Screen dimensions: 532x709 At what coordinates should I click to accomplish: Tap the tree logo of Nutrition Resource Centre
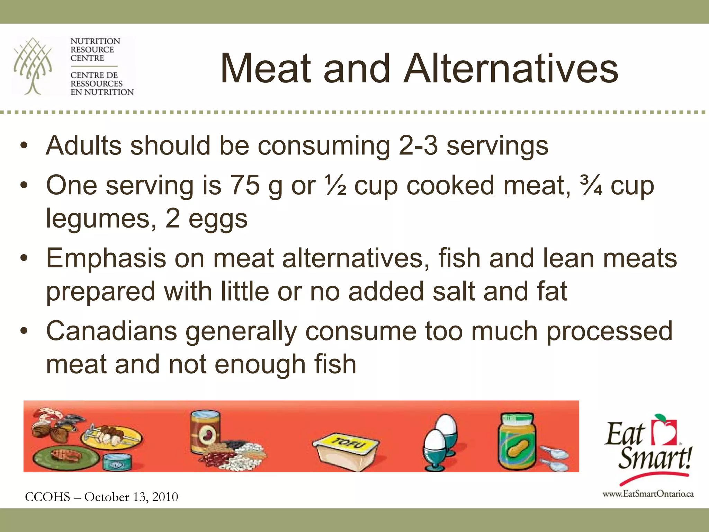(33, 66)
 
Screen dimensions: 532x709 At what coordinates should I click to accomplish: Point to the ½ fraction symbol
(335, 185)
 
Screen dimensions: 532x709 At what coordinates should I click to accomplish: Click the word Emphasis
(106, 258)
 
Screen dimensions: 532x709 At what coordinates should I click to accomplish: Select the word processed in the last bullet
(609, 331)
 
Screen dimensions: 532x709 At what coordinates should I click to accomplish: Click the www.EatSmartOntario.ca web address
(648, 494)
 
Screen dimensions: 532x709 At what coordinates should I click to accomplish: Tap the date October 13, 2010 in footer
(131, 497)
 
